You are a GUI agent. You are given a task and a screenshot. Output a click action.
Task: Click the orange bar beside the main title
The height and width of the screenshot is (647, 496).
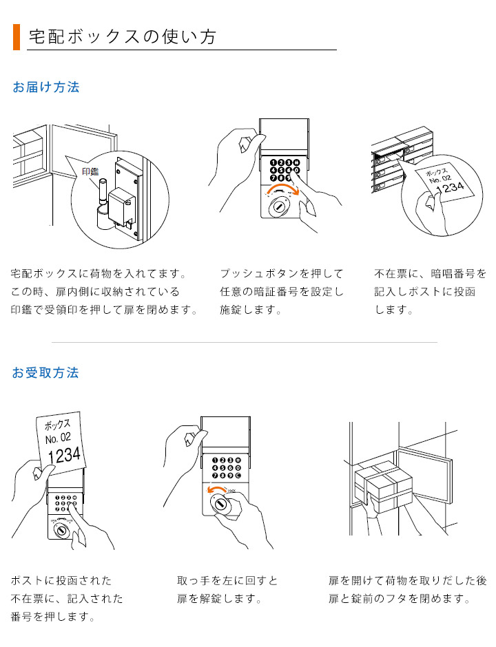(x=17, y=36)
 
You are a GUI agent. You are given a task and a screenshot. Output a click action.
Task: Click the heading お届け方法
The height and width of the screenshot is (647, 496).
(x=46, y=87)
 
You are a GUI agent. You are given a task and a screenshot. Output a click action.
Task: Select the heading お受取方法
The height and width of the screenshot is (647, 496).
(x=46, y=373)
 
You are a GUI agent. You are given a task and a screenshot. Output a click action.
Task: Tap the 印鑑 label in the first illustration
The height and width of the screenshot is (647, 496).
(x=91, y=171)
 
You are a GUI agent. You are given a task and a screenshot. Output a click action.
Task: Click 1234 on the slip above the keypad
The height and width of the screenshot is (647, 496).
(x=63, y=455)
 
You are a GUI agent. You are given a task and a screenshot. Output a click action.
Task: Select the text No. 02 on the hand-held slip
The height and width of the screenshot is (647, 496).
(x=58, y=438)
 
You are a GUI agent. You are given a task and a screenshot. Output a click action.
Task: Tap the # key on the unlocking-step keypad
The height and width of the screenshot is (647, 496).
(x=238, y=460)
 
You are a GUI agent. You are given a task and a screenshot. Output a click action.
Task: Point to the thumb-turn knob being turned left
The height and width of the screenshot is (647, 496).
(x=221, y=505)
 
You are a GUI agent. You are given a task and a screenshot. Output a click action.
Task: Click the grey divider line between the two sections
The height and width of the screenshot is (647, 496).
(x=245, y=342)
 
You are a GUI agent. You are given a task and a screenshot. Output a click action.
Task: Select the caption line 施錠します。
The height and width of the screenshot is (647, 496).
(x=251, y=310)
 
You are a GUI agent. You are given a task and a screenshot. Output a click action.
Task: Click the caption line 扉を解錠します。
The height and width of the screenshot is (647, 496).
(x=219, y=599)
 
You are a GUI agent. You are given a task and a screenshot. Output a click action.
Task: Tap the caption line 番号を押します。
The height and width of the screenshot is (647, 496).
(x=52, y=617)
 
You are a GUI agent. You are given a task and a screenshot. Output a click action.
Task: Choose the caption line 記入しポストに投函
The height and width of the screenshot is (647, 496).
(x=425, y=292)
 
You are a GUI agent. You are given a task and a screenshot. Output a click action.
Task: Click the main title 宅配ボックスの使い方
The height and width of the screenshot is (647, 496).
(x=123, y=36)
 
